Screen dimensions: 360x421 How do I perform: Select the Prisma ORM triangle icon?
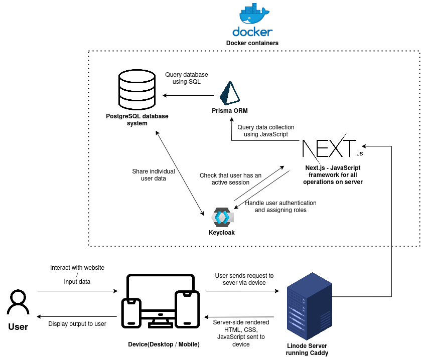click(x=230, y=93)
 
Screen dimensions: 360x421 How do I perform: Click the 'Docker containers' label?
click(x=252, y=43)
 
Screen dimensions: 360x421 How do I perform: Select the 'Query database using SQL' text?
click(x=187, y=78)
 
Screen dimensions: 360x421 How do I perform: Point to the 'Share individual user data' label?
click(x=154, y=174)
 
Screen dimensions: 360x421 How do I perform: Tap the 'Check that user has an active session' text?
click(x=231, y=179)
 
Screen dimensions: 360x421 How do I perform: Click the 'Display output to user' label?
click(x=77, y=324)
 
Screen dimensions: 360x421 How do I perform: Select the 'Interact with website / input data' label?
click(x=77, y=275)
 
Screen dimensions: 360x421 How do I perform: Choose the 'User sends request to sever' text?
click(x=244, y=279)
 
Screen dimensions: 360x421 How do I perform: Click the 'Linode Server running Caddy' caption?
click(x=307, y=349)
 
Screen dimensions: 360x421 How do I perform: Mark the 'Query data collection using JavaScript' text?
click(x=266, y=131)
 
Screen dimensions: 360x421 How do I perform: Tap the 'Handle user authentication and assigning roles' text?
click(x=280, y=207)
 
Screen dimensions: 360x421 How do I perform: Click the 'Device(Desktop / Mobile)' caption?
click(x=164, y=344)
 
